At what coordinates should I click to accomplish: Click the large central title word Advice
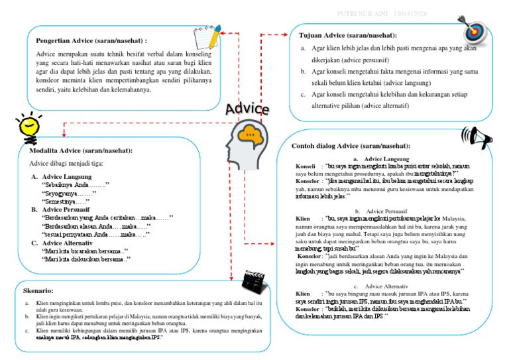click(x=247, y=109)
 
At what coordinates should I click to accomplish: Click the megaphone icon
click(x=483, y=137)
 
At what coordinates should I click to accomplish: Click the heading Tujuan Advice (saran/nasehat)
click(x=348, y=34)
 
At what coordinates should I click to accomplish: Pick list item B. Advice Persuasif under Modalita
click(x=68, y=209)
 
